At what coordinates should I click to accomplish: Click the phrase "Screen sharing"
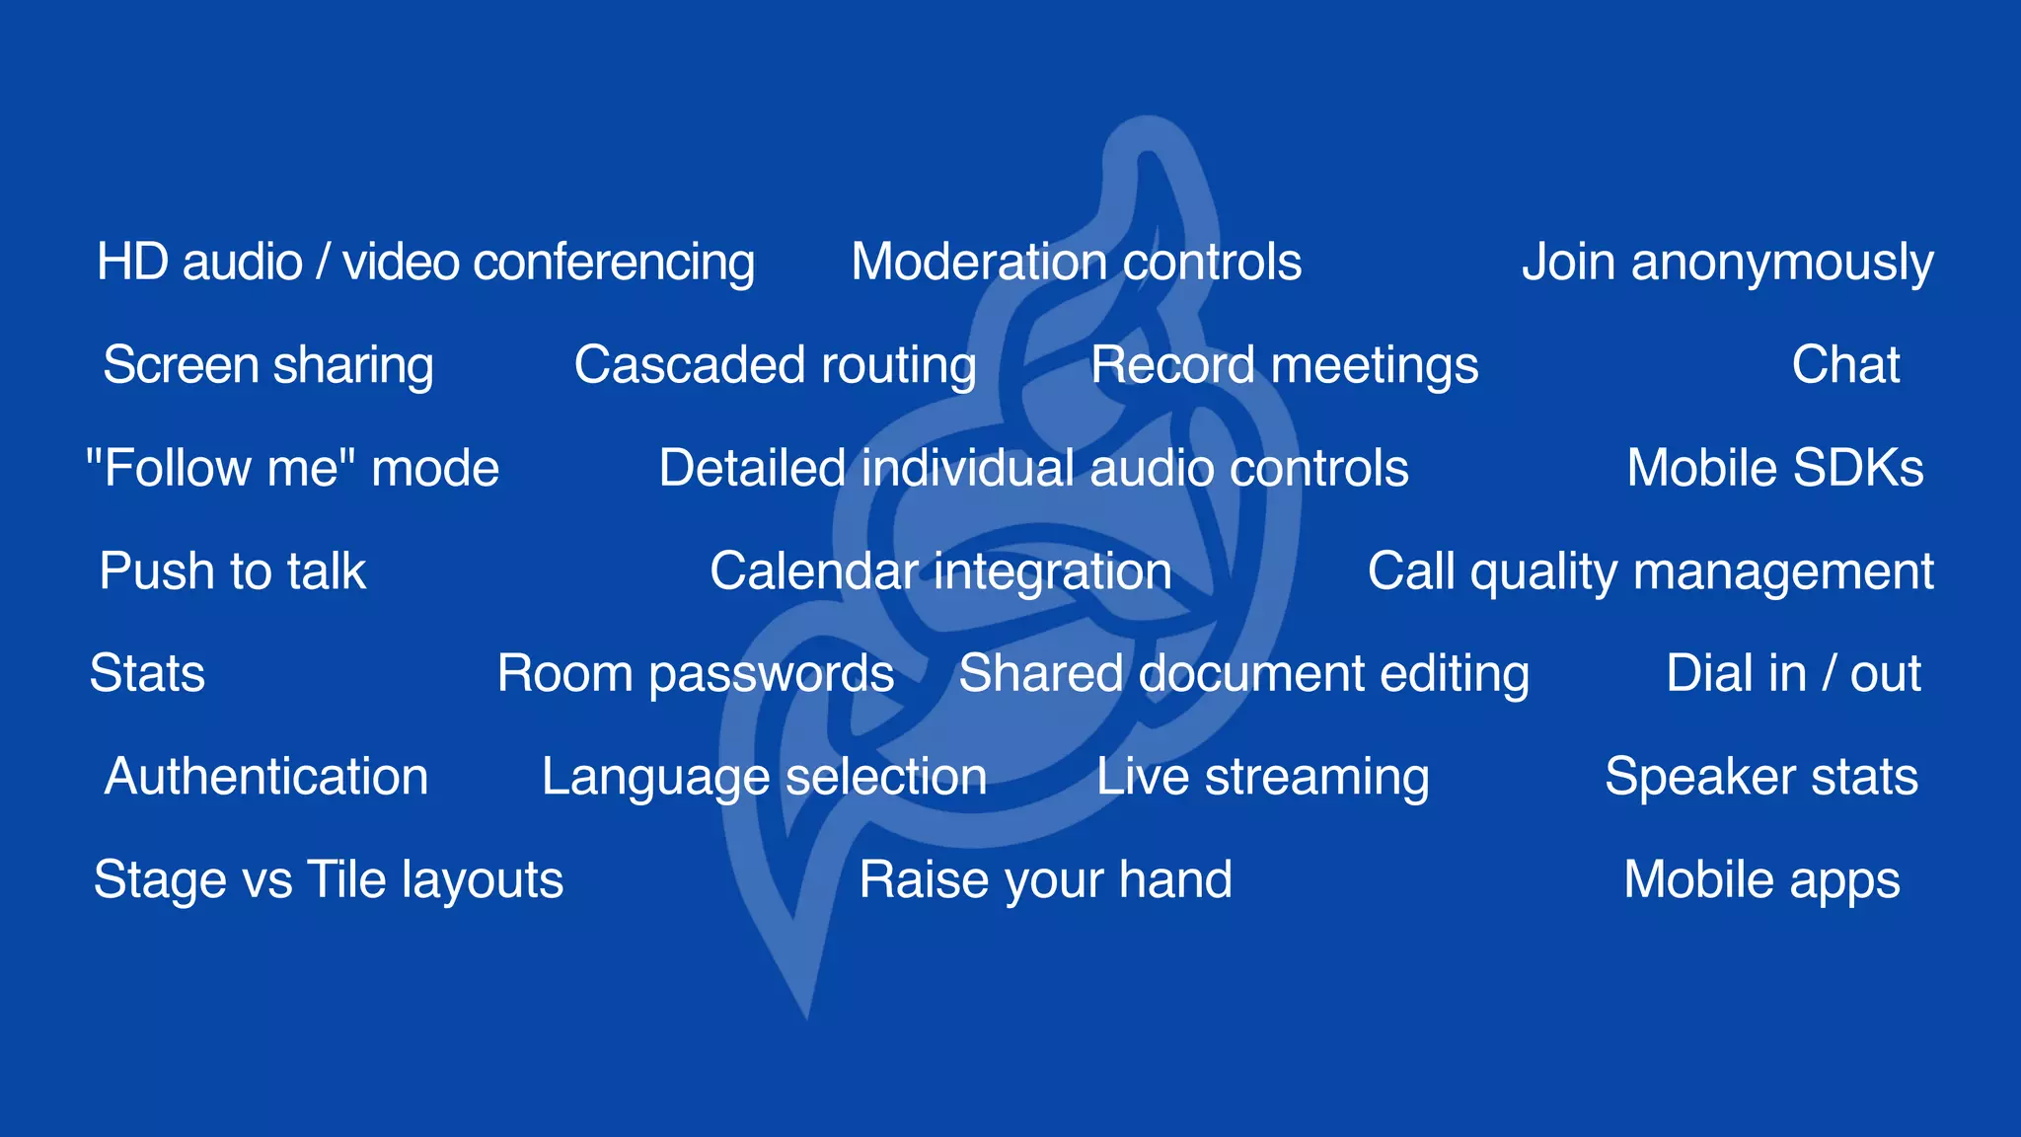click(x=268, y=365)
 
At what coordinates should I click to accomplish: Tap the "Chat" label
click(x=1845, y=365)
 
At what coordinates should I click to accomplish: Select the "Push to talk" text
click(x=233, y=571)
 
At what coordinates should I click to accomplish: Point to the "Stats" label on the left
click(x=147, y=674)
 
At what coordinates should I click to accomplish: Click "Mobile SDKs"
click(x=1774, y=468)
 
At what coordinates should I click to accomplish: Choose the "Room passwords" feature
click(x=696, y=674)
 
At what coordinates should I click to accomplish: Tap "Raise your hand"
click(x=1045, y=879)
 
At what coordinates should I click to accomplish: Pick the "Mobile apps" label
click(x=1761, y=879)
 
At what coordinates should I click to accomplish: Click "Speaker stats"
click(x=1761, y=777)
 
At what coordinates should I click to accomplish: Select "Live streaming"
click(x=1262, y=777)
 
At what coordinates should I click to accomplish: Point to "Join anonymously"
click(x=1727, y=263)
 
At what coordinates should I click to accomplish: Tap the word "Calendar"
click(x=813, y=571)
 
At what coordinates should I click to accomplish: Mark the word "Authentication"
click(x=266, y=777)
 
